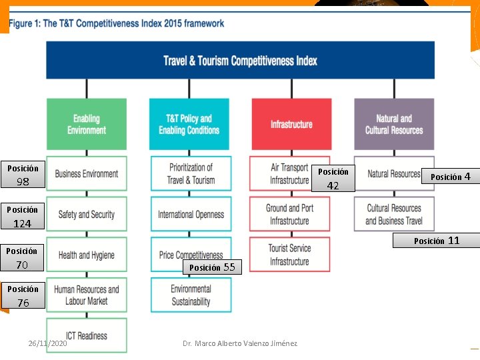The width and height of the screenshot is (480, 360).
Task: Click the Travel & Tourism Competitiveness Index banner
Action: (x=240, y=61)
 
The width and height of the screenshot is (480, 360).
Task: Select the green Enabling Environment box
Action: (x=87, y=124)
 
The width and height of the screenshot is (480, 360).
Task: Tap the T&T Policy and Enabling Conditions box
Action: (x=189, y=124)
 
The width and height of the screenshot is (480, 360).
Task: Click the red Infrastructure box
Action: (x=291, y=124)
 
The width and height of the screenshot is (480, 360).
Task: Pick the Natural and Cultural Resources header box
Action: (x=394, y=124)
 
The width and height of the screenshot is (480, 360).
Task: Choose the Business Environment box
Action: (x=87, y=174)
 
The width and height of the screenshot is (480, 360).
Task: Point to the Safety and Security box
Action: (x=87, y=215)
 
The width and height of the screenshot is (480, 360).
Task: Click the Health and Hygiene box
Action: (x=87, y=255)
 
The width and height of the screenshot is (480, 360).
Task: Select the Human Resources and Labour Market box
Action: (x=87, y=295)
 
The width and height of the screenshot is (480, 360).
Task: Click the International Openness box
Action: (x=191, y=215)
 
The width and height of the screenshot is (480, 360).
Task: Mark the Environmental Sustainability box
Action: (x=191, y=295)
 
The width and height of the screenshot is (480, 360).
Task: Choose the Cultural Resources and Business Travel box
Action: (x=394, y=215)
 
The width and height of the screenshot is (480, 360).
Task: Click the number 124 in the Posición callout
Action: (x=23, y=224)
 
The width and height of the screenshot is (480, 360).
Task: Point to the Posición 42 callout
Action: (x=333, y=179)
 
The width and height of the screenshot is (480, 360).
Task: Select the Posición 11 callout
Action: (x=437, y=241)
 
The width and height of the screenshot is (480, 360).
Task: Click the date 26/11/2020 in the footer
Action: (x=47, y=343)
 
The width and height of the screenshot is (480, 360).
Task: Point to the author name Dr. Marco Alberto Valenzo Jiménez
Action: (x=240, y=343)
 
